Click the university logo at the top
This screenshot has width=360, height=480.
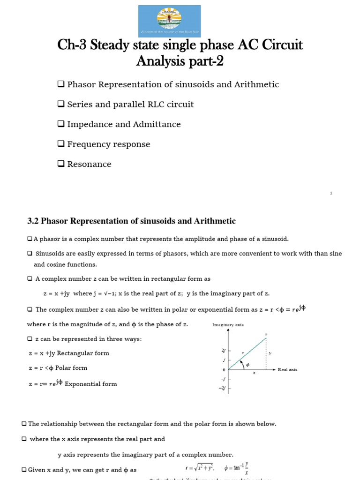pyautogui.click(x=169, y=21)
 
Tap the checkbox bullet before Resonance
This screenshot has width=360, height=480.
pyautogui.click(x=61, y=164)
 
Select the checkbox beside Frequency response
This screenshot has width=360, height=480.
pyautogui.click(x=61, y=144)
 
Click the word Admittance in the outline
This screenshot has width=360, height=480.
pyautogui.click(x=156, y=124)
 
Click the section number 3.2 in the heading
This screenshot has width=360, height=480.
pyautogui.click(x=36, y=221)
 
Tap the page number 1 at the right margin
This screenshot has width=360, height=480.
pyautogui.click(x=331, y=193)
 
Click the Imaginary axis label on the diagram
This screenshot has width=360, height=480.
pyautogui.click(x=228, y=325)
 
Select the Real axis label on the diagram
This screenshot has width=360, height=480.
pyautogui.click(x=287, y=369)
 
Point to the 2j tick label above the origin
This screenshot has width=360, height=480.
pyautogui.click(x=223, y=351)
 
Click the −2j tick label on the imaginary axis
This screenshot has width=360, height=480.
pyautogui.click(x=222, y=388)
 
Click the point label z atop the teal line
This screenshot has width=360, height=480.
pyautogui.click(x=266, y=334)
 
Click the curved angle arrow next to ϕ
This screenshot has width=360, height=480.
pyautogui.click(x=242, y=363)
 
